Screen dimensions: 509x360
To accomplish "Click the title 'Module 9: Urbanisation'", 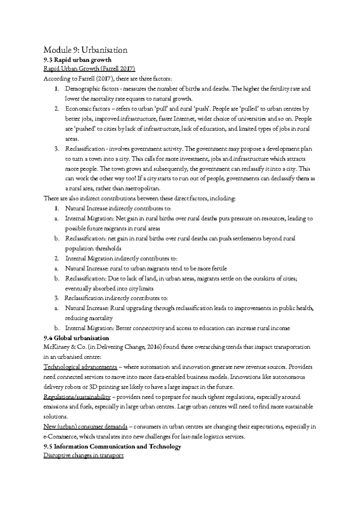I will (x=85, y=50).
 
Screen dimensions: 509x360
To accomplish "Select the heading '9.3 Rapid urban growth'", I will (x=77, y=60).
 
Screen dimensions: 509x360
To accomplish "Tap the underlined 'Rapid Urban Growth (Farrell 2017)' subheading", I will (x=89, y=69).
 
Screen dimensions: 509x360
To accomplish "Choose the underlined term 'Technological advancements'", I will (x=80, y=367).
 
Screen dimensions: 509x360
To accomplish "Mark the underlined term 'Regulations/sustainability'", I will (x=77, y=397).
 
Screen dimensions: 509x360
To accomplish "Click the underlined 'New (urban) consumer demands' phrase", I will (x=85, y=427).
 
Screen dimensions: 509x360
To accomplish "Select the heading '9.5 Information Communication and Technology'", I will (x=112, y=447).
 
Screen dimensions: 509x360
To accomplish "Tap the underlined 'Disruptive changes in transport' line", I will (x=83, y=456).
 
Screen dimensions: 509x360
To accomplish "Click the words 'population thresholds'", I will (x=93, y=248).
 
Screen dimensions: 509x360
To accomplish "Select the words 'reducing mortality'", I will (x=88, y=318).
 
